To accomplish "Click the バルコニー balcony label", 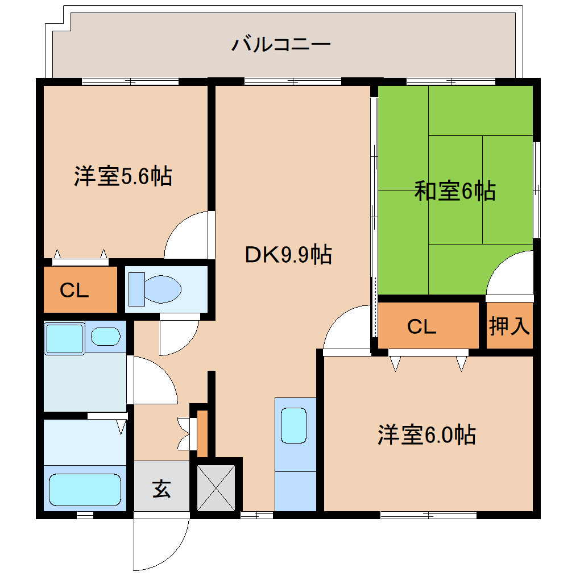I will coord(281,44).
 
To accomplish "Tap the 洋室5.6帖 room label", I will coord(123,177).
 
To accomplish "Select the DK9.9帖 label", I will coord(288,255).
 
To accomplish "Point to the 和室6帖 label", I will coord(455,191).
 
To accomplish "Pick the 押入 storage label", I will coord(509,326).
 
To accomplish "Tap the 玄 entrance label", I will coord(161,488).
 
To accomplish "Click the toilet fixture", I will coord(155,288).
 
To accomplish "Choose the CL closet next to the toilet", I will coord(75,291).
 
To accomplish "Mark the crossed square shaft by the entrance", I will coord(216,487).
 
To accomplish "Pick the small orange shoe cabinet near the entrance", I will coord(202,432).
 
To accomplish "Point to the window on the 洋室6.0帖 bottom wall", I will coord(428,516).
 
